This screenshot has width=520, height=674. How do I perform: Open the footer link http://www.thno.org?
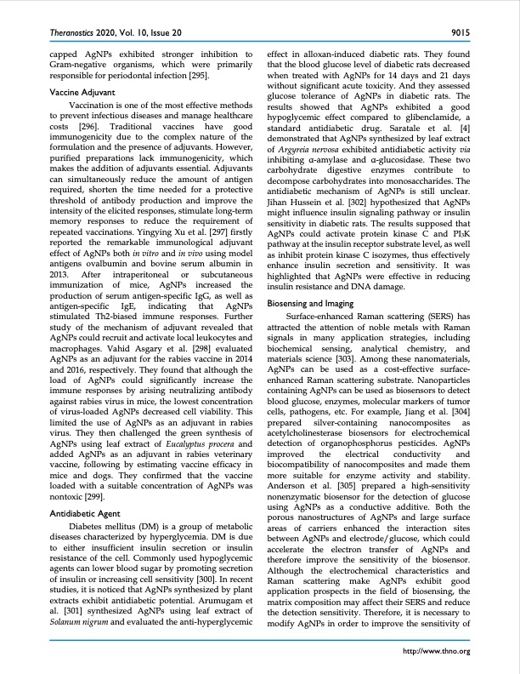click(x=439, y=651)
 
